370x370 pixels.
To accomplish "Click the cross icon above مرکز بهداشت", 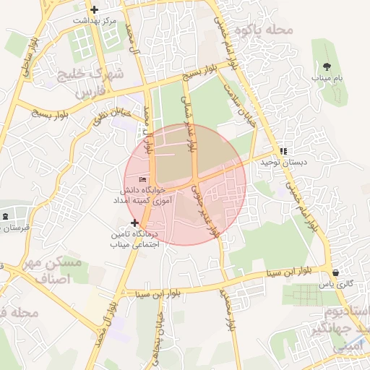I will (94, 9).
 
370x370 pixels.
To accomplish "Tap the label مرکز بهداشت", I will (94, 21).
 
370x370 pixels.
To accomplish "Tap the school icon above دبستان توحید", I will (283, 152).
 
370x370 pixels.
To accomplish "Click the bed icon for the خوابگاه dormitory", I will (143, 179).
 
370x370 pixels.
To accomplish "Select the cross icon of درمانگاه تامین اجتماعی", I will (134, 223).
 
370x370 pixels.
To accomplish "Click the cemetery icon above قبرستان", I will (6, 216).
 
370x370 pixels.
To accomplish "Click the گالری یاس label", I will (339, 284).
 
